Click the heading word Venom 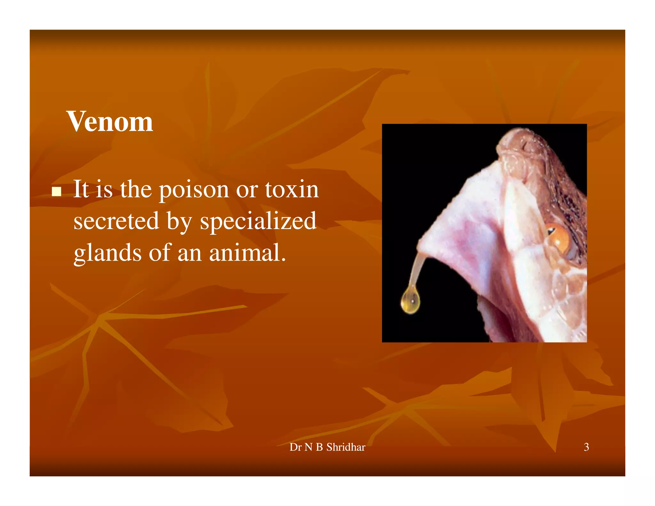pos(109,122)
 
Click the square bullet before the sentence pos(57,191)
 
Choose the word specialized pos(258,222)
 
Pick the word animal pos(247,253)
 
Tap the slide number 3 pos(586,447)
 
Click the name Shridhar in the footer pos(345,447)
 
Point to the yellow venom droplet pos(410,300)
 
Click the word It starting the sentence pos(81,189)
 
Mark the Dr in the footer pos(295,447)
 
